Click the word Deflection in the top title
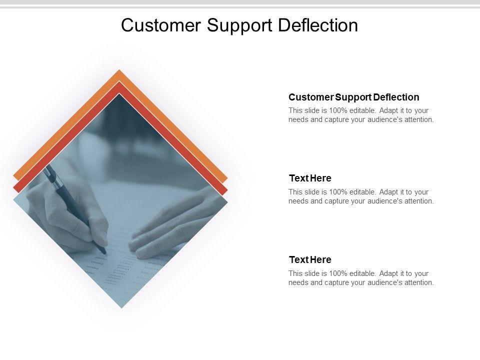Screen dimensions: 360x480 318,25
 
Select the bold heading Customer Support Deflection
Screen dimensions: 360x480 354,97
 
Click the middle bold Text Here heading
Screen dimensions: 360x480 310,178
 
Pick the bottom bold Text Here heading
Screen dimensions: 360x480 310,260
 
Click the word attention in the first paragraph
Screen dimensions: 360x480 418,119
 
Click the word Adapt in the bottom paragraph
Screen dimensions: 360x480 388,273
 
